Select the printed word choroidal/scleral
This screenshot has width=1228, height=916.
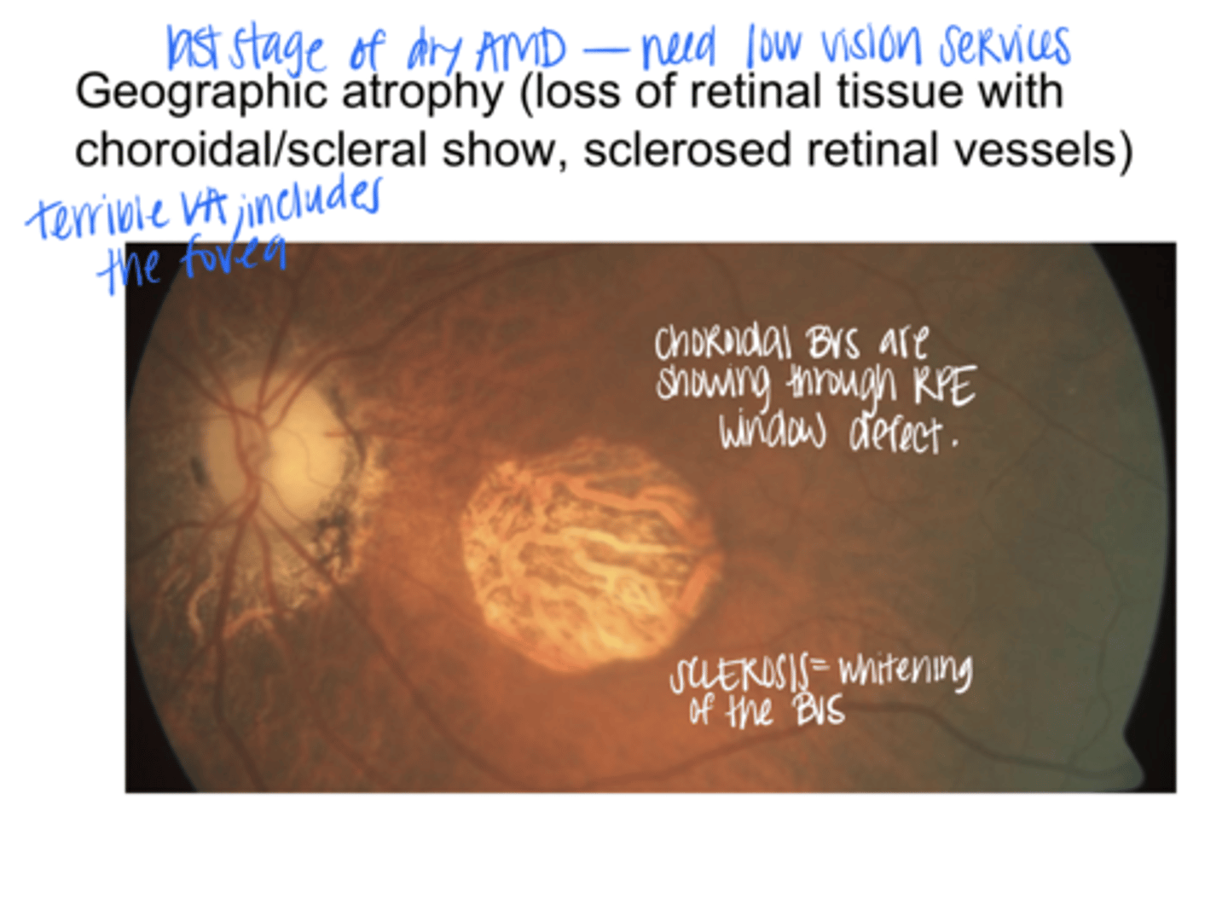(251, 150)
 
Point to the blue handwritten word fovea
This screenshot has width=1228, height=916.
(233, 255)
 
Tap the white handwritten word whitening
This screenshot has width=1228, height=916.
(905, 671)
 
